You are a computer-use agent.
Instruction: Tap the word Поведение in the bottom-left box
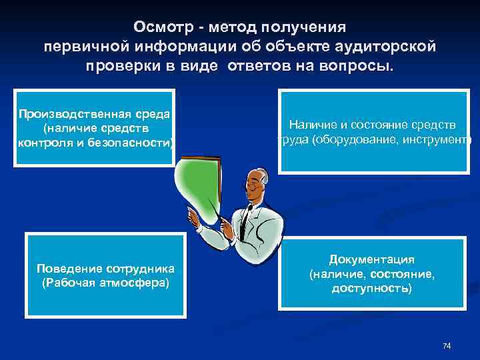tap(69, 269)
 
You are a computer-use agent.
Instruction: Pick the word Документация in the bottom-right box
tap(371, 259)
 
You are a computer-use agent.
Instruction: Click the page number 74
tap(447, 345)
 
